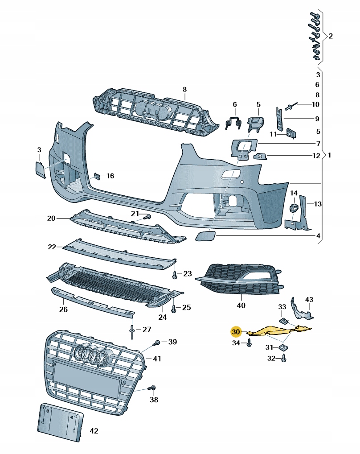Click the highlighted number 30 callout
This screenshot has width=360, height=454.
[236, 332]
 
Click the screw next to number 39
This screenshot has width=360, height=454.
[156, 343]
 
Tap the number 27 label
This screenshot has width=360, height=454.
[147, 330]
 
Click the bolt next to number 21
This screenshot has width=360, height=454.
[148, 217]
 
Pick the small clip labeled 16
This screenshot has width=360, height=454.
[96, 176]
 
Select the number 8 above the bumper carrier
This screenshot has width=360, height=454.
[185, 90]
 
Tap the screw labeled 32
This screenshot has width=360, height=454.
[284, 358]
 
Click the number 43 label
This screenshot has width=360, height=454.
[309, 299]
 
